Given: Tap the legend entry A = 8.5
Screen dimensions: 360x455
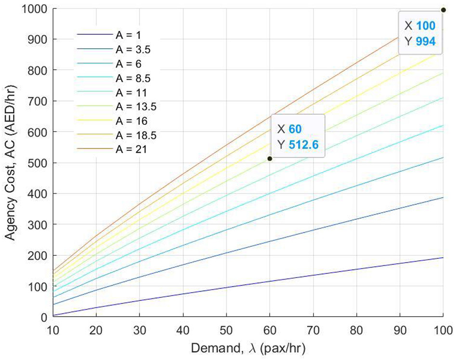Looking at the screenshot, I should [x=117, y=78].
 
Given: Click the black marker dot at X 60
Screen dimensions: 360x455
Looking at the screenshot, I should [x=270, y=159].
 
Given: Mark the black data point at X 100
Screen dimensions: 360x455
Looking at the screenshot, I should [x=443, y=10].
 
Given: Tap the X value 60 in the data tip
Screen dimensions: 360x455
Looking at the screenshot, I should [x=295, y=129].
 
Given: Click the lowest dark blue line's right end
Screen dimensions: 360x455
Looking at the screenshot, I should [x=442, y=257].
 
